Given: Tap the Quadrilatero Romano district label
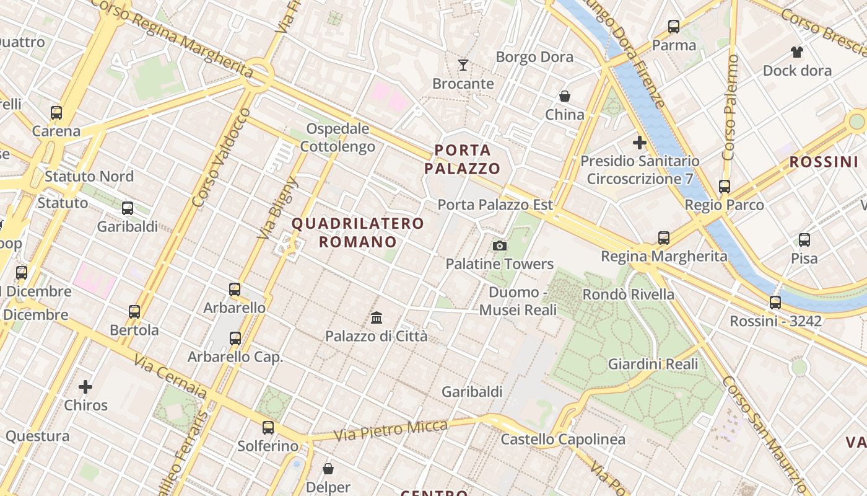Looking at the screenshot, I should (x=358, y=232).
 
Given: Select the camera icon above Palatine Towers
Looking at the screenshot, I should (x=500, y=246).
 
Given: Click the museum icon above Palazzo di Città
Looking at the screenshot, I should (x=377, y=318).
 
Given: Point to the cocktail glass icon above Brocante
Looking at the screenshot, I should (x=463, y=65).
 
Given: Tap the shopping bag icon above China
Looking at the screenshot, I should (x=565, y=96).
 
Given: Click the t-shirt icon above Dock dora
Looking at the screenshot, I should (x=797, y=52).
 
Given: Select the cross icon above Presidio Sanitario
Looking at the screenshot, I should (x=640, y=143).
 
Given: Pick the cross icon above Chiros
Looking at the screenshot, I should (x=85, y=387).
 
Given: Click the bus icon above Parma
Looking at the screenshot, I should (x=674, y=27).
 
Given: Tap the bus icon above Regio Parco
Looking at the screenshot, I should (x=725, y=186).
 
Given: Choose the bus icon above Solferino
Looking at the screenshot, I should (x=268, y=427).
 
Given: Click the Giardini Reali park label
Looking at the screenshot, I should (x=653, y=364).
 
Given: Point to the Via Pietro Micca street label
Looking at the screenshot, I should (x=391, y=430).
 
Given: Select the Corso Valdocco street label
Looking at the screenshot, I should (x=221, y=157).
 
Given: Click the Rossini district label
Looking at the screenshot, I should (x=823, y=162).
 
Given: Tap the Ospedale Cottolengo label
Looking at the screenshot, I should (x=338, y=138).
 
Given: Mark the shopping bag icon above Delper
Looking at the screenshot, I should (x=328, y=469).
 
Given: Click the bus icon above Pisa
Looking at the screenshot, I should (x=804, y=239).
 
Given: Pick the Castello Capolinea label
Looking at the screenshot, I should (x=563, y=440).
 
